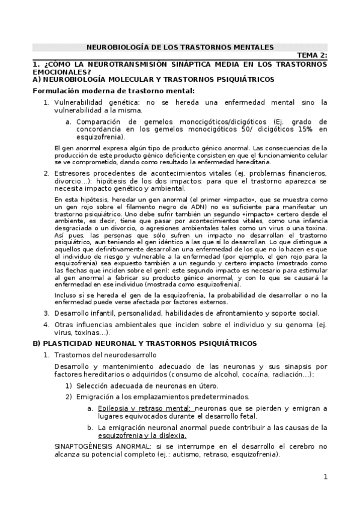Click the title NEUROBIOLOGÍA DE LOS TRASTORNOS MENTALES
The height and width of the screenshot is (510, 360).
coord(180,47)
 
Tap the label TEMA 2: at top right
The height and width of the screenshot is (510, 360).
coord(312,56)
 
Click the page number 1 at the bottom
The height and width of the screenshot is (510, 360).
coord(325,478)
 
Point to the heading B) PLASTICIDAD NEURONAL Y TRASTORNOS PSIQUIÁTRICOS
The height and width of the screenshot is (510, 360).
coord(144,343)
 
